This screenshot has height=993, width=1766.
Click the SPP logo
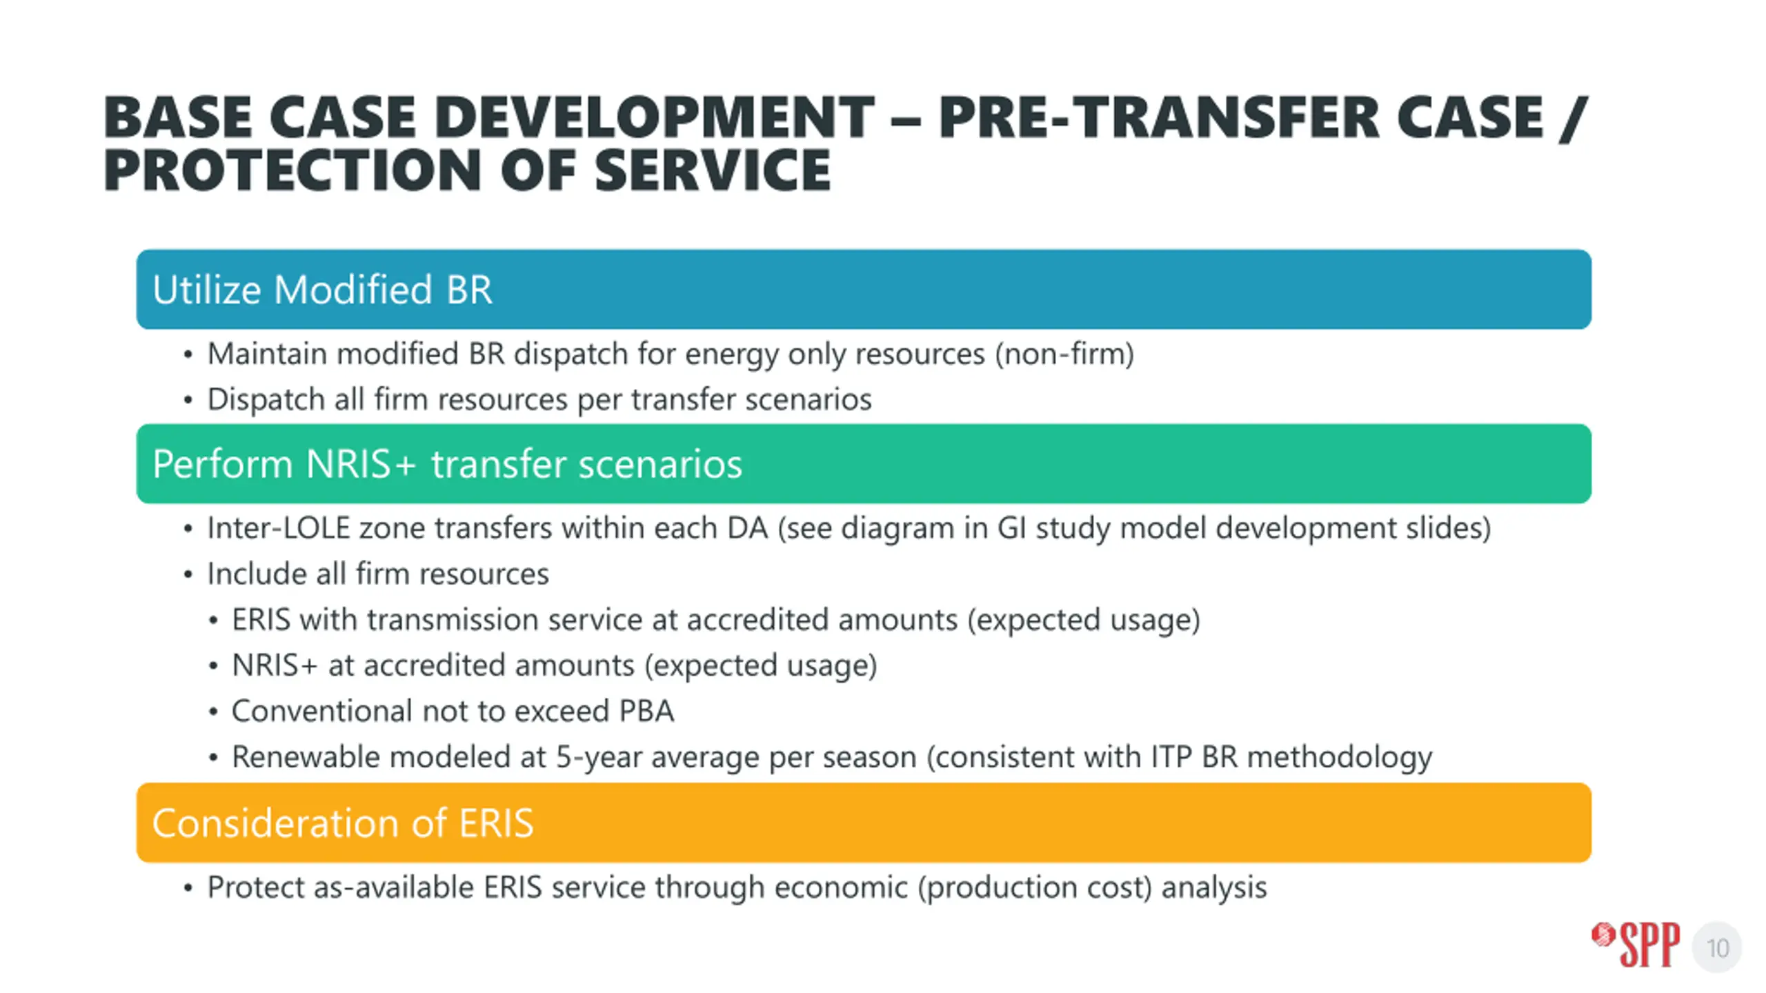coord(1635,945)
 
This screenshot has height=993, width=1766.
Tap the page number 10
coord(1717,948)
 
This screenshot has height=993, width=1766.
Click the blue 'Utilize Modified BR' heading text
coord(322,290)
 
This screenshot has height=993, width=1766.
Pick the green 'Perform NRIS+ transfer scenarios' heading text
coord(447,463)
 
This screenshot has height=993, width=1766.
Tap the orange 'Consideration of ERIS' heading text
coord(343,823)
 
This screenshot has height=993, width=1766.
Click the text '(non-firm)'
coord(1064,354)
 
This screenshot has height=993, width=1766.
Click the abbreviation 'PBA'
coord(646,712)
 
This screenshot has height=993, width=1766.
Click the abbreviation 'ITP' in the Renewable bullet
coord(1171,757)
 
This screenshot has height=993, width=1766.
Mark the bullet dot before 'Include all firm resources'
coord(188,574)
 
